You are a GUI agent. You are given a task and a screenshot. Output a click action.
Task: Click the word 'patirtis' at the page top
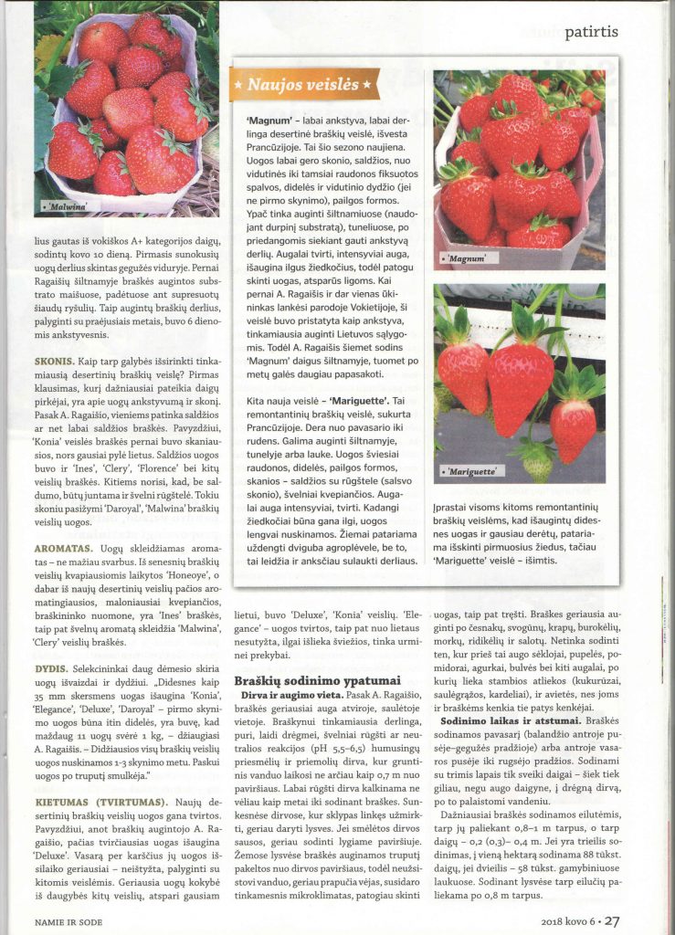pos(591,31)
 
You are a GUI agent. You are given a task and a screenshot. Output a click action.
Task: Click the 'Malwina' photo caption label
pos(61,208)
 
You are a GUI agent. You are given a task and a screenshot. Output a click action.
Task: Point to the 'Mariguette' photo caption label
pos(472,471)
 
